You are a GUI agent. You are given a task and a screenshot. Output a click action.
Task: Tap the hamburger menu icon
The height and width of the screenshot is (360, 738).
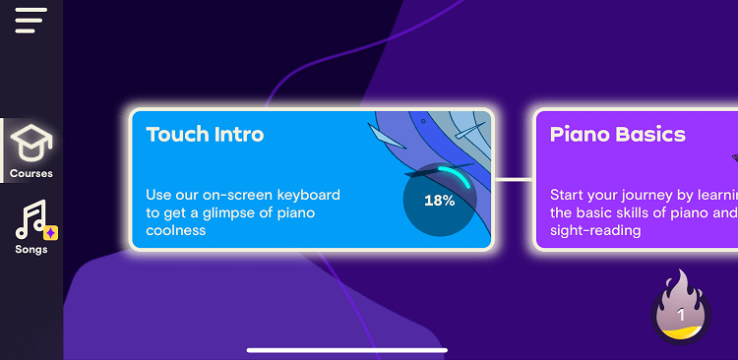(x=31, y=20)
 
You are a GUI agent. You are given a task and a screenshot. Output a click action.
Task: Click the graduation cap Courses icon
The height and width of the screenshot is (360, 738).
(x=31, y=144)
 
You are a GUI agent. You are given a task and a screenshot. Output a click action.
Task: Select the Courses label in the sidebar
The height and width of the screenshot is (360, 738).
(x=31, y=174)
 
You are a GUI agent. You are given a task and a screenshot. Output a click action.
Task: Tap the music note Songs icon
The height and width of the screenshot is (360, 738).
(x=31, y=219)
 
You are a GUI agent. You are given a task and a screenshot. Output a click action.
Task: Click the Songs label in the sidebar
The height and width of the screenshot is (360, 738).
(x=31, y=250)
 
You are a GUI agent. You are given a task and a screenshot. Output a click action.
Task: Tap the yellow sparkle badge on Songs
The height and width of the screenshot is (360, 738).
(x=52, y=233)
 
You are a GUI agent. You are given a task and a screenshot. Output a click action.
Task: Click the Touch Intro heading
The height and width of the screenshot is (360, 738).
(x=205, y=135)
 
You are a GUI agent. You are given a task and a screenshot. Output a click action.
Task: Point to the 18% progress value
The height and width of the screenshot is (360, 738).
(x=439, y=201)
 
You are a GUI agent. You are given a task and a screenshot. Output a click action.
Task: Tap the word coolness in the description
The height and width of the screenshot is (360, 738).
(x=176, y=230)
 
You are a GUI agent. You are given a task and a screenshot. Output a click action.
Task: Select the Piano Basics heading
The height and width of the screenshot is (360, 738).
(x=618, y=135)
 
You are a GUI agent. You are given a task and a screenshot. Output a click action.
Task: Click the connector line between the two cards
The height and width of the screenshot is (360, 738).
(x=513, y=180)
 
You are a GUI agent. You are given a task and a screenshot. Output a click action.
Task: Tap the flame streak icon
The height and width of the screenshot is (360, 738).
(x=681, y=307)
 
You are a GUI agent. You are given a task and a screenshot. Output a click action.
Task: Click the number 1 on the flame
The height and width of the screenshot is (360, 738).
(x=681, y=316)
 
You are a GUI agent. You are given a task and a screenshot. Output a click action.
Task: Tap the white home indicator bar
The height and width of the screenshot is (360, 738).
(x=347, y=349)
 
